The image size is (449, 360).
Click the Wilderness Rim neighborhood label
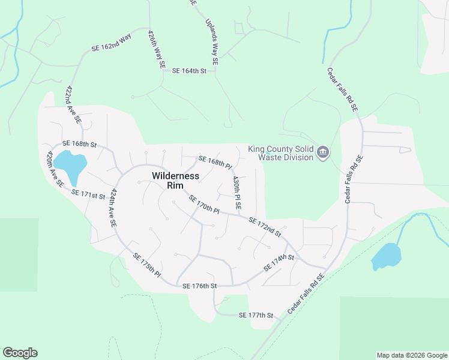[175, 180]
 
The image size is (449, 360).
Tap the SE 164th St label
[189, 71]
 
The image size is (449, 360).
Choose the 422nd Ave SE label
[73, 104]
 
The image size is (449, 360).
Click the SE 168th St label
[80, 144]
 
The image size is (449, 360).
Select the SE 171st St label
[88, 194]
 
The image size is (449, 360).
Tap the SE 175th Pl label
[147, 265]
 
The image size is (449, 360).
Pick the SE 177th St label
[256, 315]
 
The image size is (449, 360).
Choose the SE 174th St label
[279, 262]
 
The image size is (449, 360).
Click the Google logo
[20, 353]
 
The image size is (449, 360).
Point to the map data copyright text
[412, 355]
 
